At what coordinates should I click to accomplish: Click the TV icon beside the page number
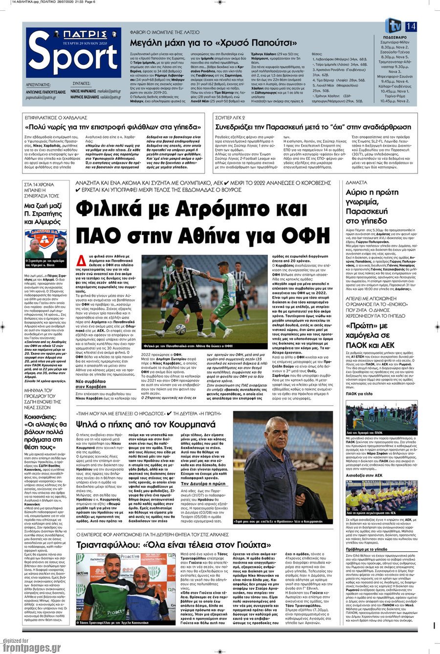click(394, 26)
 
